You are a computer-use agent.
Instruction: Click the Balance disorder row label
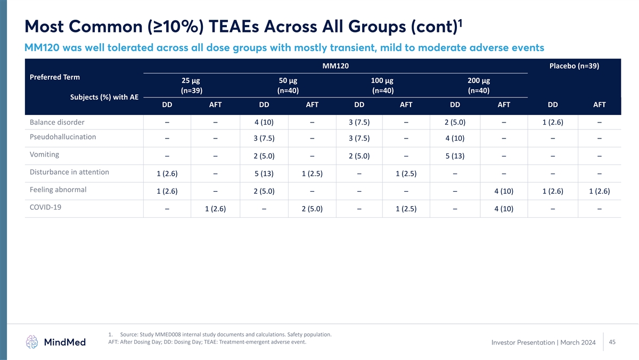(x=57, y=124)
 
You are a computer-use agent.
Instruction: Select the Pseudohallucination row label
(x=63, y=137)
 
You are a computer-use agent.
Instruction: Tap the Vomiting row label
(x=45, y=154)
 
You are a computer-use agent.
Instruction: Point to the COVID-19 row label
(x=45, y=208)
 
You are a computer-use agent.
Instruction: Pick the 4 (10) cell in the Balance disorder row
(x=264, y=124)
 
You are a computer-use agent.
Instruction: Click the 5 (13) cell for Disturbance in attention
(x=264, y=174)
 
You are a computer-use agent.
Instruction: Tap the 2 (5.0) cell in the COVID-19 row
(x=312, y=209)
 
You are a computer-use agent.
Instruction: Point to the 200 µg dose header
(x=478, y=80)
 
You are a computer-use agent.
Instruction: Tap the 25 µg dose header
(x=191, y=80)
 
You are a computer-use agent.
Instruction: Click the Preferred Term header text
(x=55, y=77)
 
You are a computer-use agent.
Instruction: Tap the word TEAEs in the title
(x=174, y=25)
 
